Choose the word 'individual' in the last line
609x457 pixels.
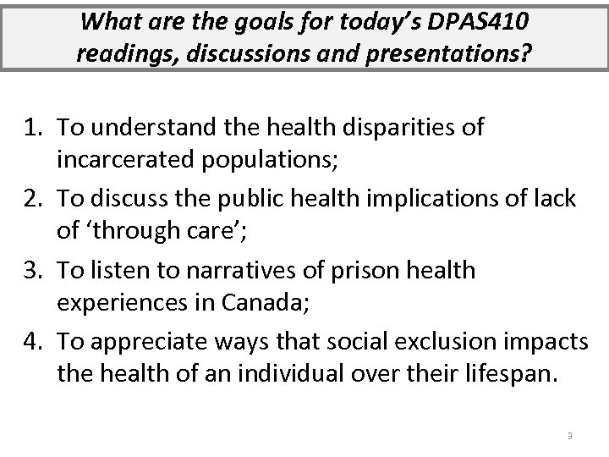tap(279, 373)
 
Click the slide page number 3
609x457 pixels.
tap(570, 436)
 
